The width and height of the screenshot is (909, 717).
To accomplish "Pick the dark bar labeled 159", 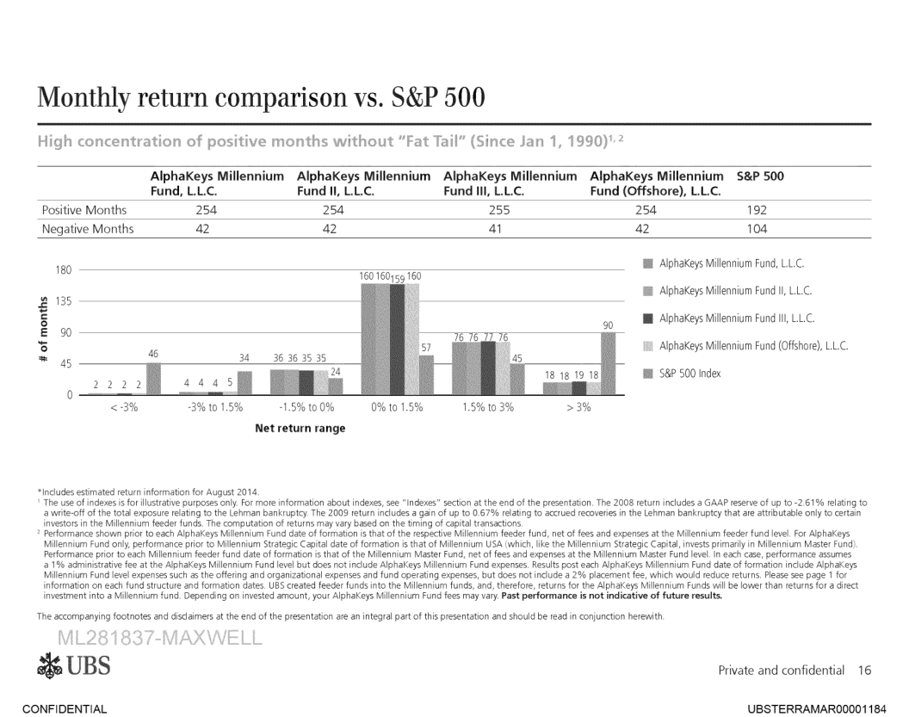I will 397,338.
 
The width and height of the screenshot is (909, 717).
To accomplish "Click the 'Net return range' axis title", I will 300,428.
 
